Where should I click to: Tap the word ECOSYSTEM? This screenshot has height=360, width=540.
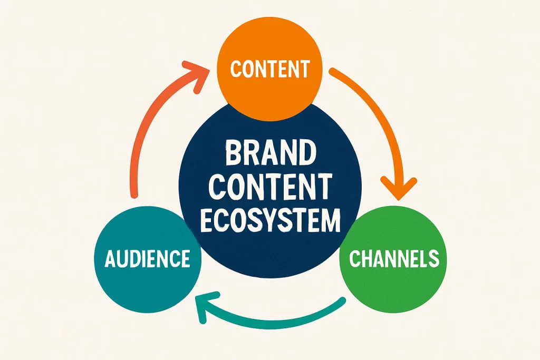tap(271, 220)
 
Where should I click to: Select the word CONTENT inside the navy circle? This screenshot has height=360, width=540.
tap(271, 188)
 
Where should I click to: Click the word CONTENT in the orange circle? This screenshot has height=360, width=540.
tap(270, 69)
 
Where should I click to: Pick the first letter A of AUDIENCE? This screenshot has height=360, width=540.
tap(111, 259)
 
